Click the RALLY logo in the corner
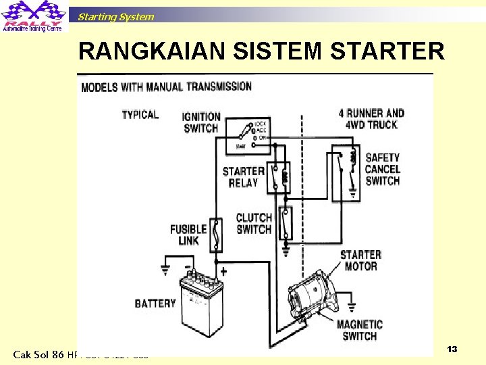tap(34, 17)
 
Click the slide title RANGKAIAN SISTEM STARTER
tap(261, 51)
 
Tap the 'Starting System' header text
tap(115, 17)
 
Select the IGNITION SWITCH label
tap(201, 122)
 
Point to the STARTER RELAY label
tap(243, 177)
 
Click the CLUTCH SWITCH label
tap(254, 224)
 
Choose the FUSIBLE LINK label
tap(188, 235)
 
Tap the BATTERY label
tap(155, 303)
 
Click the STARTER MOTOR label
tap(360, 260)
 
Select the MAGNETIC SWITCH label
tap(360, 330)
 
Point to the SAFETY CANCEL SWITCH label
tap(382, 169)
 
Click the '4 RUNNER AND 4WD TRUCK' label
tap(371, 119)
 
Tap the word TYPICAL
tap(140, 114)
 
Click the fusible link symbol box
tap(216, 235)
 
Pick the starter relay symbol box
tap(279, 177)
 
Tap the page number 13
tap(452, 349)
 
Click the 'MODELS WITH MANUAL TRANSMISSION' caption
tap(166, 87)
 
